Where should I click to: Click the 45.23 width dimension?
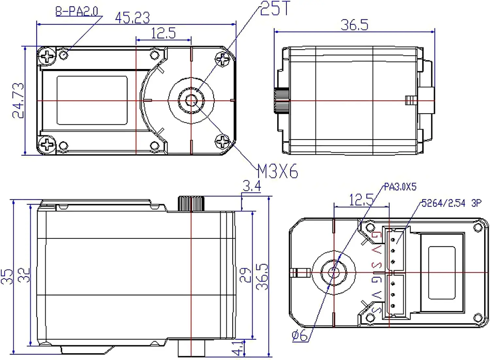click(132, 18)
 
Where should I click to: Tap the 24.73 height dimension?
click(18, 101)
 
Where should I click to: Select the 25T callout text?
click(275, 8)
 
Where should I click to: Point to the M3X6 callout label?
click(278, 171)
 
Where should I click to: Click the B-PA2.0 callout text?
click(77, 11)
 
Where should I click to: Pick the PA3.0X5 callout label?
click(400, 187)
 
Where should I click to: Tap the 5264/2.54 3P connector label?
click(451, 203)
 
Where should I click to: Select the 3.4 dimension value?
click(252, 186)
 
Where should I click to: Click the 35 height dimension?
click(7, 277)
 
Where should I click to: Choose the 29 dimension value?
click(245, 275)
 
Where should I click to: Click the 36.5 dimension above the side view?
click(354, 25)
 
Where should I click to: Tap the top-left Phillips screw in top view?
click(47, 56)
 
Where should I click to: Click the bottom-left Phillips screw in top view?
click(47, 144)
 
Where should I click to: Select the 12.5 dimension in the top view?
click(163, 33)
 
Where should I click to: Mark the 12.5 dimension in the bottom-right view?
click(361, 200)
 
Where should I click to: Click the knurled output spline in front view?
click(191, 204)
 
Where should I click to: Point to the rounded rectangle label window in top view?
click(92, 100)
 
